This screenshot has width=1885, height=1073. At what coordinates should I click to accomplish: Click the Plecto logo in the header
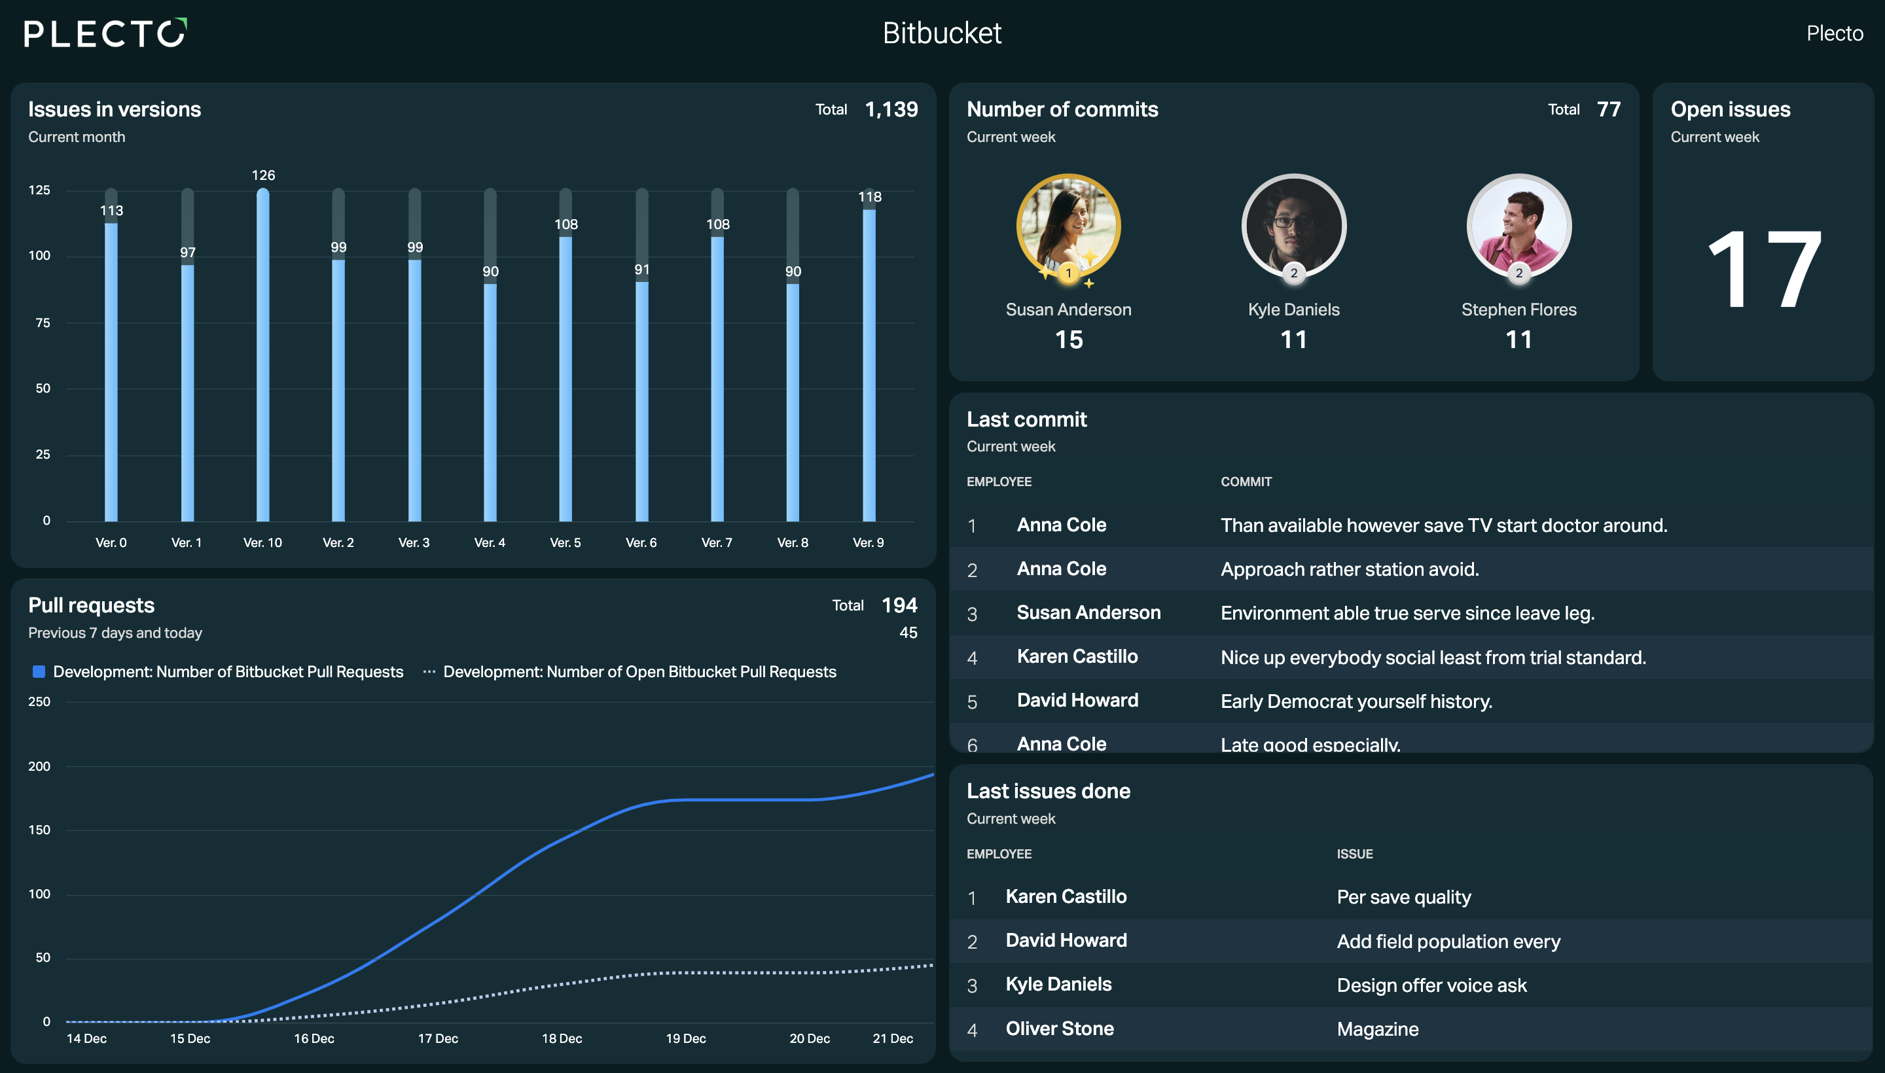tap(105, 33)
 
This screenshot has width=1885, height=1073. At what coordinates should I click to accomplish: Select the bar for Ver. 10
tap(263, 355)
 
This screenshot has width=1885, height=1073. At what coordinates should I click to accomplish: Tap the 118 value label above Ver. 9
tap(870, 197)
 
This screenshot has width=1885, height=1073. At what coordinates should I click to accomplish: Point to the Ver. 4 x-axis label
tap(490, 542)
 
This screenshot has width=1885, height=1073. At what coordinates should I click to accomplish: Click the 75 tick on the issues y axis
tap(43, 323)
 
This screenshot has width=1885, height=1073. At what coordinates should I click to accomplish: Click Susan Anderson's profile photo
tap(1068, 226)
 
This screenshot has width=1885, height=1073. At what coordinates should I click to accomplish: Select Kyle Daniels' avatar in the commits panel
tap(1294, 226)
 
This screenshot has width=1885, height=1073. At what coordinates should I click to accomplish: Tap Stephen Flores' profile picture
tap(1518, 226)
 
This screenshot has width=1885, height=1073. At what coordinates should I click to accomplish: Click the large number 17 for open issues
tap(1764, 269)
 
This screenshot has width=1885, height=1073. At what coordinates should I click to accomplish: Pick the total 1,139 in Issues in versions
tap(891, 110)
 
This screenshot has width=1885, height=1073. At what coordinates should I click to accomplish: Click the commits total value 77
tap(1609, 110)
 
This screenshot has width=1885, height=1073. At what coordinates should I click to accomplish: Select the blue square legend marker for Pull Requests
tap(39, 671)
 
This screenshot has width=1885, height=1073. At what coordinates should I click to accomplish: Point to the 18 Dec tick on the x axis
tap(562, 1038)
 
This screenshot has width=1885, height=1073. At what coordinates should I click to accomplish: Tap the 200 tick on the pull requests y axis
tap(39, 766)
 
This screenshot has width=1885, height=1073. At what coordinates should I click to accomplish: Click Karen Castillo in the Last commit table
tap(1077, 657)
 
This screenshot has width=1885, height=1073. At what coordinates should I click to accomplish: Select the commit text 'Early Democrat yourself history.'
tap(1356, 701)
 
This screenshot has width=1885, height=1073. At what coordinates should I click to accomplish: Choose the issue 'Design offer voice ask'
tap(1431, 985)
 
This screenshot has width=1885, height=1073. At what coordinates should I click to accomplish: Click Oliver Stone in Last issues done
tap(1060, 1029)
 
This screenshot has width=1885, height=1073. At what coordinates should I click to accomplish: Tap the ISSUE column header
tap(1355, 854)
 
